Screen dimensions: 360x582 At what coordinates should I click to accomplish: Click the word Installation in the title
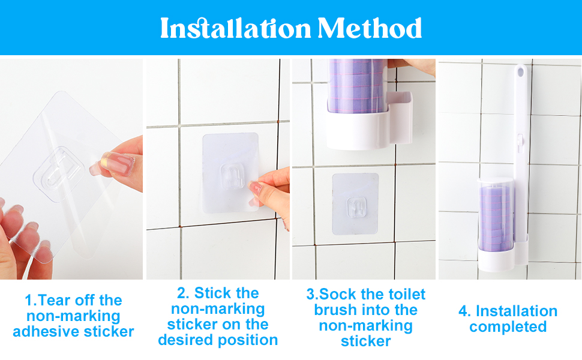click(x=235, y=28)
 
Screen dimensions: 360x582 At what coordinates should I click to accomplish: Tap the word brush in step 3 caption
click(x=334, y=310)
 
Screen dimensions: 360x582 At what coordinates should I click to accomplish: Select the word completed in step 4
click(x=508, y=327)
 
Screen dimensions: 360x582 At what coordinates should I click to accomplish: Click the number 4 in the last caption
click(x=463, y=311)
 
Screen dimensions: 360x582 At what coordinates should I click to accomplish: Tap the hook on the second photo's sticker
click(x=229, y=177)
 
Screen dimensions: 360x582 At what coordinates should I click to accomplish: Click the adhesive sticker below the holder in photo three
click(x=355, y=203)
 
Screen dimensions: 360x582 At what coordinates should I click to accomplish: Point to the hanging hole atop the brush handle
click(x=520, y=73)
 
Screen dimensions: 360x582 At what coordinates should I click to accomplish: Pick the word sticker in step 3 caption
click(x=366, y=341)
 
